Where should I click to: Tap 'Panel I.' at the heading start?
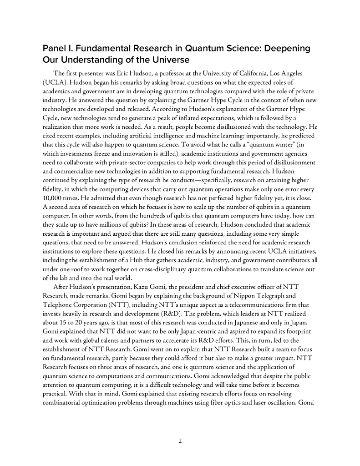pyautogui.click(x=58, y=48)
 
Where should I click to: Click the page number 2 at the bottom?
pyautogui.click(x=180, y=441)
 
